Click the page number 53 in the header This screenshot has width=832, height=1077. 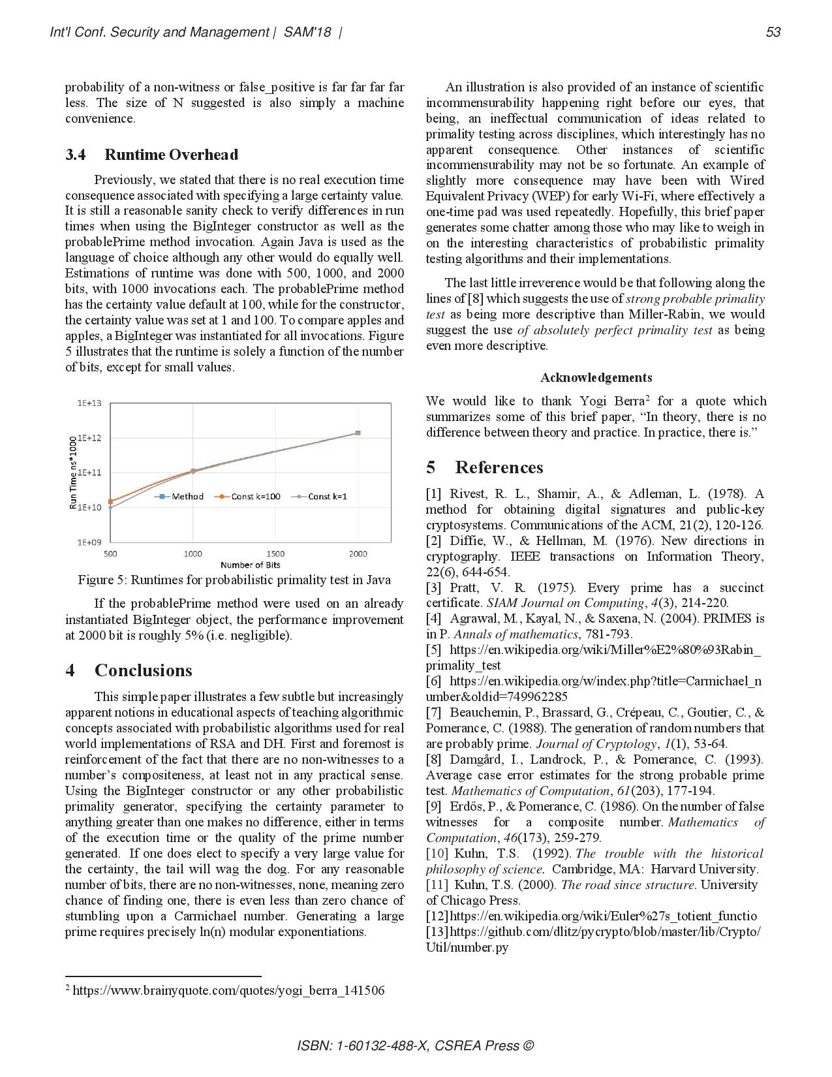tap(773, 32)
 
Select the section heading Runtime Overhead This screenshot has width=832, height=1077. tap(171, 155)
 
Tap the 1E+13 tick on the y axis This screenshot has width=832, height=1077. tap(89, 403)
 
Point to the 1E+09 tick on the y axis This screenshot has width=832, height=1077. tap(89, 542)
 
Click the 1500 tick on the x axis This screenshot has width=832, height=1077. tap(275, 554)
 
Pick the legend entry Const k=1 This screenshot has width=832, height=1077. tap(327, 497)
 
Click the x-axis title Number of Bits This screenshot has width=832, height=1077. tap(250, 565)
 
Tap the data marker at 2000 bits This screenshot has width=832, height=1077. tap(358, 433)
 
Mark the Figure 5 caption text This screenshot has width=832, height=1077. tap(234, 580)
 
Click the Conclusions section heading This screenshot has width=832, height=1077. tap(143, 670)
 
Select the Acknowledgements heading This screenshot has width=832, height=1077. tap(596, 377)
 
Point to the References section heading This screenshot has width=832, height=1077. tap(499, 467)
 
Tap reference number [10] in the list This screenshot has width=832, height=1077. tap(437, 853)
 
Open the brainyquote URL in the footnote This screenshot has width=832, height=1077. tap(228, 991)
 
